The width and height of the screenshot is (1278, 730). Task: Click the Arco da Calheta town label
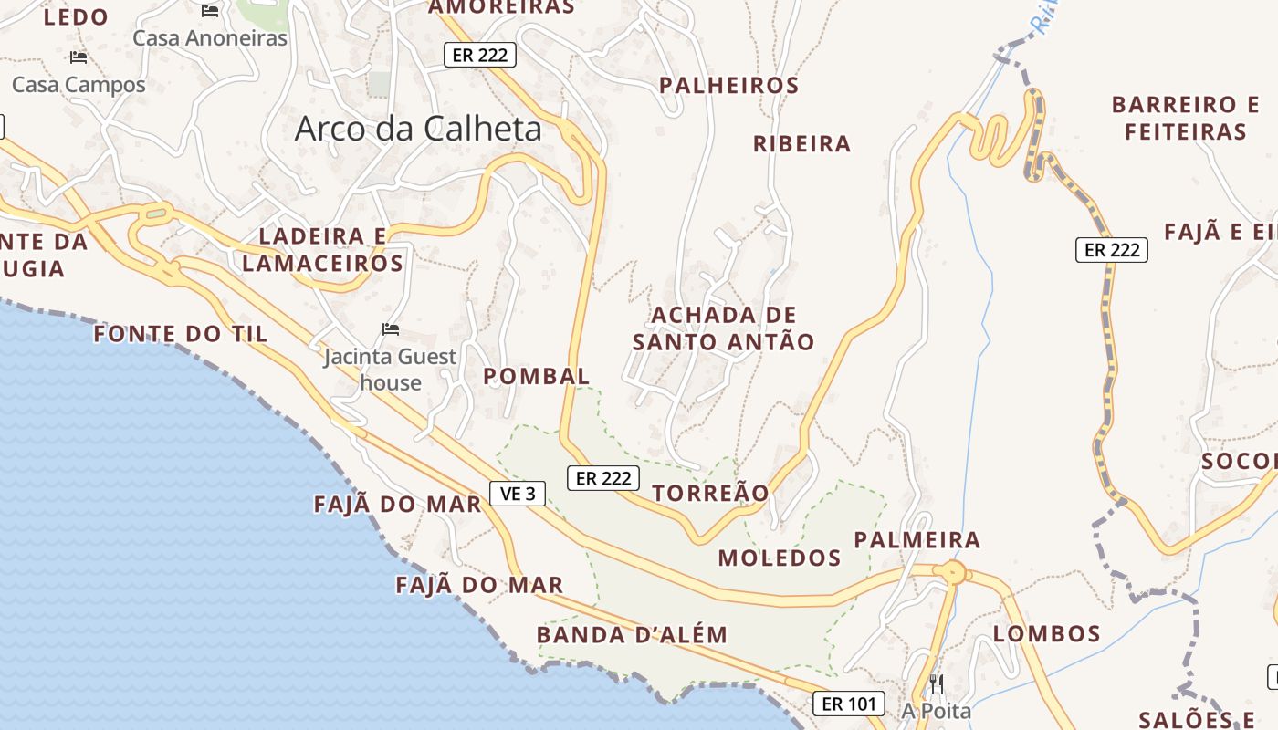418,129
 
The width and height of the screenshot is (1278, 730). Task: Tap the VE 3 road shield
518,494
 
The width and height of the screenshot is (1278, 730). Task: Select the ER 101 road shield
849,704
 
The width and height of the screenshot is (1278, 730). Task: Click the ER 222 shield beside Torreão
603,477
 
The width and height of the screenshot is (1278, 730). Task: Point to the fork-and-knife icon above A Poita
937,683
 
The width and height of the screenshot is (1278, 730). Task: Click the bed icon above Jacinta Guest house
391,328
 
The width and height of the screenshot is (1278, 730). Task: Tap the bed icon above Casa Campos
79,57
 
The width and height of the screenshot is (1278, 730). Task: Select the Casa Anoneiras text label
210,38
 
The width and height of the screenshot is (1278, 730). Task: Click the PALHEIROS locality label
729,86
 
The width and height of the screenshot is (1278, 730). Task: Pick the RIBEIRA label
801,144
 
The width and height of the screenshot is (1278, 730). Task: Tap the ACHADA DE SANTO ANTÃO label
724,328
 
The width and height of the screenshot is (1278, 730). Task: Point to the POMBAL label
537,376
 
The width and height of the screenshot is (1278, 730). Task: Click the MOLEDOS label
780,558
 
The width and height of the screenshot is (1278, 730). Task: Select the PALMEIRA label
917,540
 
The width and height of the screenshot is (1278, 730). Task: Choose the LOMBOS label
1047,633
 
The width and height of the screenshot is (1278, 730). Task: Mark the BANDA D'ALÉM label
632,635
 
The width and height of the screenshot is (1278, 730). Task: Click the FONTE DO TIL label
181,334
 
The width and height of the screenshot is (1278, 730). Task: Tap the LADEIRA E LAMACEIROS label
322,250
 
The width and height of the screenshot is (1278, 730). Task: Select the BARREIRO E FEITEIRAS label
1186,118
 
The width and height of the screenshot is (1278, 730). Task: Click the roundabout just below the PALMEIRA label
952,573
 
